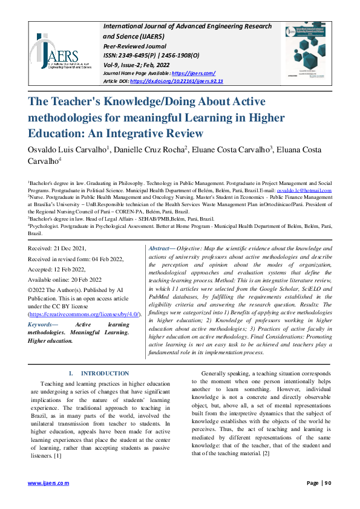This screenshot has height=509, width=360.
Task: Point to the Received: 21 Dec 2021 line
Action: pos(57,248)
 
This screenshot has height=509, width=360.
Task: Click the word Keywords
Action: pos(41,325)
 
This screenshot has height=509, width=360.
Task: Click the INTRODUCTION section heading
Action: pos(105,374)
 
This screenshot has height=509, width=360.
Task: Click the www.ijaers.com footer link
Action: pos(48,483)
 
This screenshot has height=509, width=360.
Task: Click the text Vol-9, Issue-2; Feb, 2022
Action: pos(137,63)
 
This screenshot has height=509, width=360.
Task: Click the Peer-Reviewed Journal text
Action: pos(135,45)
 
